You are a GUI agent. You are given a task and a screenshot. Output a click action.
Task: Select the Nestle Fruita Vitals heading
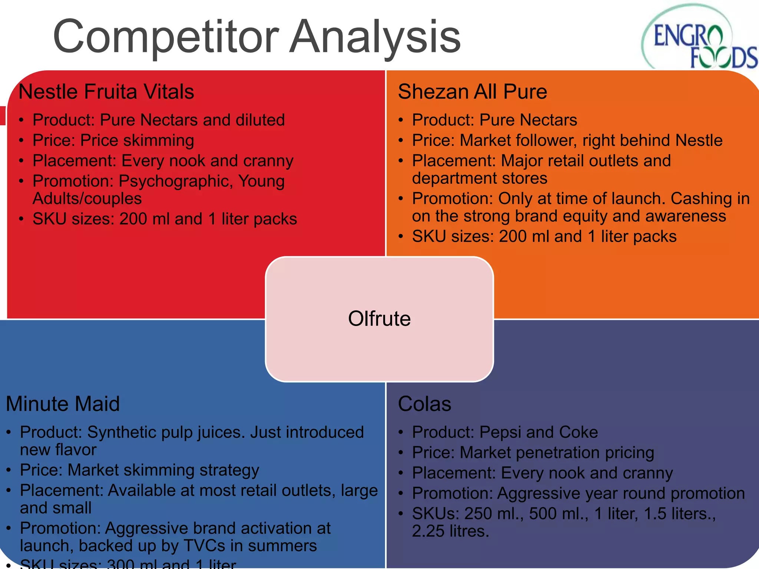coord(106,91)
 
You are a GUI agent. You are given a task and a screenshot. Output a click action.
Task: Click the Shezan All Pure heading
coord(472,91)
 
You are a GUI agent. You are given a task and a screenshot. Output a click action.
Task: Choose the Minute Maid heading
coord(63,404)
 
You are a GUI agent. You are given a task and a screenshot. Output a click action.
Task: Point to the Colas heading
coord(424,404)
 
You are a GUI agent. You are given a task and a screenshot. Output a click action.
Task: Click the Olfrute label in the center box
coord(379,319)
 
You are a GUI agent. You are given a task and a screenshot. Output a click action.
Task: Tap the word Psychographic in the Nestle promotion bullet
coord(176,182)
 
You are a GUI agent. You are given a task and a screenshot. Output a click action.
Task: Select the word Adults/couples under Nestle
coord(87,199)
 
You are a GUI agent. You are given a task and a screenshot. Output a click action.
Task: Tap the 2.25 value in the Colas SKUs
coord(428,532)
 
